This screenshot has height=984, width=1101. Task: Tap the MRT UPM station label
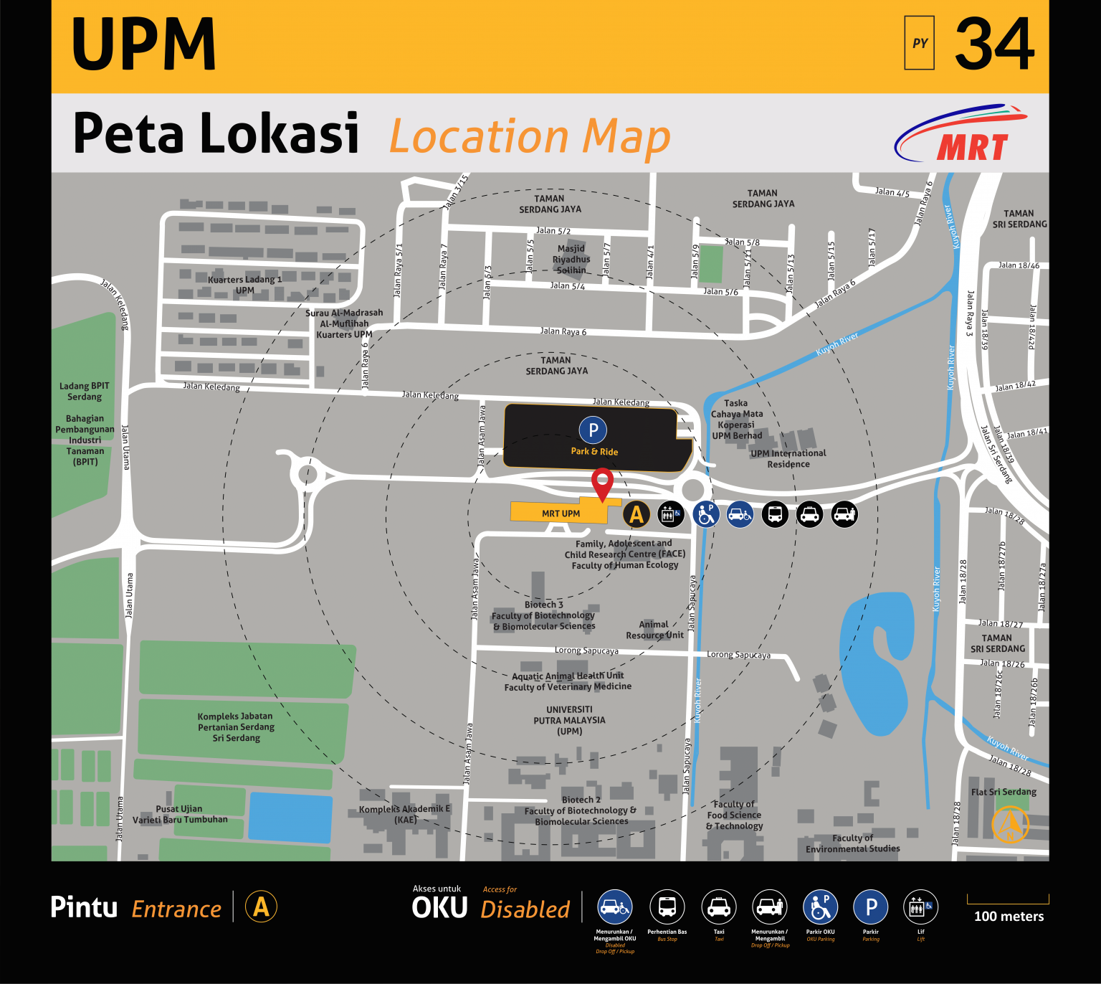point(561,514)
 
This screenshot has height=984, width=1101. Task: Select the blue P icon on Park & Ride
point(593,430)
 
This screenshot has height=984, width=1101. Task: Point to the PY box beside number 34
point(919,43)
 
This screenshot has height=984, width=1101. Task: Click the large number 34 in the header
point(994,44)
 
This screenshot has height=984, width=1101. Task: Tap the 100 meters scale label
point(1009,917)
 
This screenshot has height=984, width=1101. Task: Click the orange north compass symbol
point(1010,824)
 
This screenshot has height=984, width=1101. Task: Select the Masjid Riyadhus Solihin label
point(571,260)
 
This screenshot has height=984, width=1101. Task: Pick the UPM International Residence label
point(788,458)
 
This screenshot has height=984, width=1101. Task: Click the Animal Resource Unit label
point(654,630)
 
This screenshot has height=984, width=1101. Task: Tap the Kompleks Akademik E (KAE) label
point(405,814)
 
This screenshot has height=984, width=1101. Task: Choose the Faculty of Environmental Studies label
point(852,843)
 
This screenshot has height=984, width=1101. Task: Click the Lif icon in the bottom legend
point(920,907)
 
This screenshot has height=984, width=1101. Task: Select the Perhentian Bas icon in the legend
point(667,907)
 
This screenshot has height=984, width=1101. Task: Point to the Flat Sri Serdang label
point(1004,792)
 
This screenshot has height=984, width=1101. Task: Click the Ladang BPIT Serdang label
point(85,391)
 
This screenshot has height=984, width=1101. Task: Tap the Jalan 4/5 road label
point(892,192)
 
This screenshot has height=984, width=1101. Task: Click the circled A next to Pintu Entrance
point(261,907)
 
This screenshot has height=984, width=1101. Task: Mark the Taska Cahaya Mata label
point(736,409)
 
